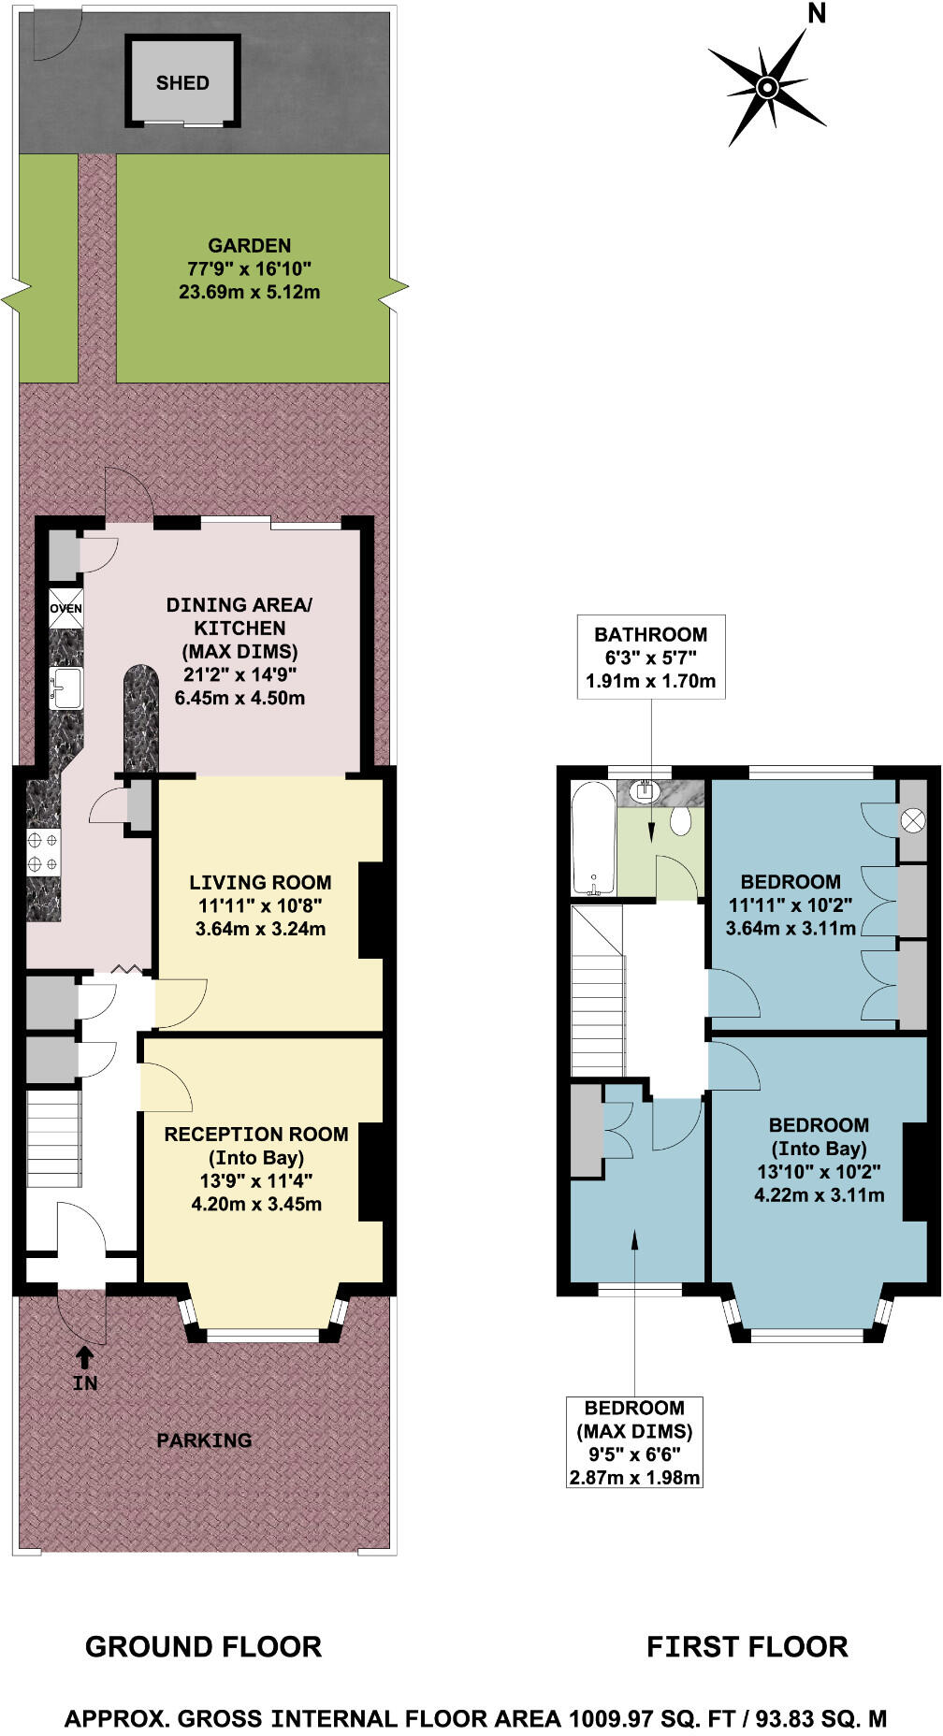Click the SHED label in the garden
pyautogui.click(x=182, y=83)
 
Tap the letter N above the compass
pyautogui.click(x=817, y=13)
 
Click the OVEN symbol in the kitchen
pyautogui.click(x=65, y=608)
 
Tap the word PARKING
pyautogui.click(x=204, y=1440)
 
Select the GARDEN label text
pyautogui.click(x=249, y=246)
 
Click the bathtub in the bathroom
pyautogui.click(x=593, y=839)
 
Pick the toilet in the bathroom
pyautogui.click(x=680, y=821)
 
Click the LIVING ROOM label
pyautogui.click(x=260, y=882)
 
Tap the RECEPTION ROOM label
pyautogui.click(x=256, y=1135)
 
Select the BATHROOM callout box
pyautogui.click(x=651, y=657)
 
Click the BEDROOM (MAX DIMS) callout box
pyautogui.click(x=634, y=1442)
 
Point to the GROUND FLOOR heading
pyautogui.click(x=203, y=1646)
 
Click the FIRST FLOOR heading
pyautogui.click(x=747, y=1646)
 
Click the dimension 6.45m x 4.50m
pyautogui.click(x=239, y=698)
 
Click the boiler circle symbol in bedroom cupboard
pyautogui.click(x=912, y=821)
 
